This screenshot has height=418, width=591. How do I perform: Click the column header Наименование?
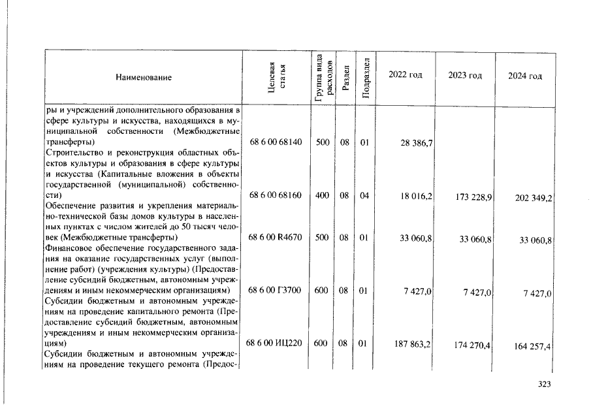(x=144, y=78)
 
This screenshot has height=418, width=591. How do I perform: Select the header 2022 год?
(x=405, y=75)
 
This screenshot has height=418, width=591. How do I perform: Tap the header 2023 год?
(x=465, y=76)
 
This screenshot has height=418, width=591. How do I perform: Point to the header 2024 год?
(x=525, y=76)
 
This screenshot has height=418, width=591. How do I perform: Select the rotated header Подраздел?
(x=366, y=77)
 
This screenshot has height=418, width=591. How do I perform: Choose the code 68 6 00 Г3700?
(x=276, y=291)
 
